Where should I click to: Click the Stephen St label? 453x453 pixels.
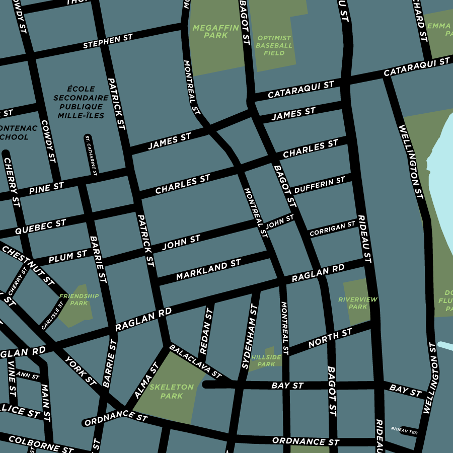[x=108, y=42]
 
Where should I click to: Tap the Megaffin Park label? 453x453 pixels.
[x=216, y=31]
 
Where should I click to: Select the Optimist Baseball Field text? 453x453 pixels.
[x=274, y=45]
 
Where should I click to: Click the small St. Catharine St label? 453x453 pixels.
[x=91, y=155]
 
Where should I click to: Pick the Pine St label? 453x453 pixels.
[x=46, y=189]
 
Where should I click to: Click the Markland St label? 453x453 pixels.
[x=208, y=270]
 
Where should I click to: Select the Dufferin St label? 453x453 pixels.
[x=320, y=185]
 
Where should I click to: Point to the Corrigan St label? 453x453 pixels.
[x=333, y=229]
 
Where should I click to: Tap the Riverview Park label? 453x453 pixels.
[x=357, y=303]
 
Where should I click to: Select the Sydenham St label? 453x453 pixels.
[x=250, y=333]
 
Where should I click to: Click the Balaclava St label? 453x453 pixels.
[x=195, y=361]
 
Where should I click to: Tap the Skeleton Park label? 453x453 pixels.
[x=171, y=391]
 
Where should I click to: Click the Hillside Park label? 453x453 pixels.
[x=266, y=360]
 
